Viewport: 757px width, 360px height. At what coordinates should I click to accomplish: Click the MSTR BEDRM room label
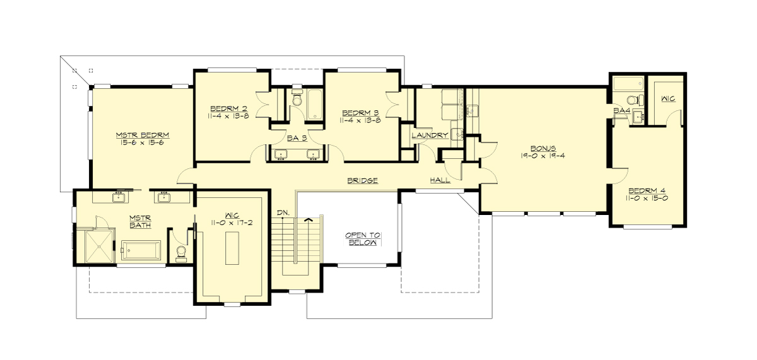tap(142, 135)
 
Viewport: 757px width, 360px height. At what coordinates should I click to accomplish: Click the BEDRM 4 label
tap(647, 190)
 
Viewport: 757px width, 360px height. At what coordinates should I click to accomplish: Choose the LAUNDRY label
tap(430, 135)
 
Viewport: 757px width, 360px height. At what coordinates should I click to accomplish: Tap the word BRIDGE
tap(363, 180)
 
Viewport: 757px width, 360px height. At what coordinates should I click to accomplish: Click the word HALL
tap(440, 180)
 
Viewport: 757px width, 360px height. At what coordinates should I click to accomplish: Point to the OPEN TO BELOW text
tap(363, 238)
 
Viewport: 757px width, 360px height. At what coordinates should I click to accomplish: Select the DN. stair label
tap(283, 213)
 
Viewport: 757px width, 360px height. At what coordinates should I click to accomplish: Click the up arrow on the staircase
tap(308, 220)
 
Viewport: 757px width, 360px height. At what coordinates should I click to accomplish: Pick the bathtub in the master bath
tap(141, 250)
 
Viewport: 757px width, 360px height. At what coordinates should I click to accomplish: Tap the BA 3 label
tap(296, 137)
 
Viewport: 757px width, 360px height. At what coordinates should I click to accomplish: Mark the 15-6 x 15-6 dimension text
tap(142, 143)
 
